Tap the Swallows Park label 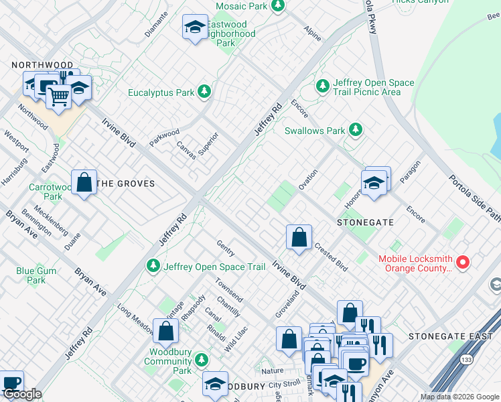click(314, 131)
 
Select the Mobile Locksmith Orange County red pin click(462, 263)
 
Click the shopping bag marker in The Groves click(84, 182)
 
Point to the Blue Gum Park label click(31, 275)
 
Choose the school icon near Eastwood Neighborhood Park click(194, 27)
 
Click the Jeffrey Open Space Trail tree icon click(153, 267)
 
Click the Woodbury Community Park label click(168, 361)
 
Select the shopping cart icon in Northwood click(58, 97)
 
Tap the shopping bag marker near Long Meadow click(165, 331)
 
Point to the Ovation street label click(308, 179)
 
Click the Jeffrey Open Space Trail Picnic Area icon click(324, 86)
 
